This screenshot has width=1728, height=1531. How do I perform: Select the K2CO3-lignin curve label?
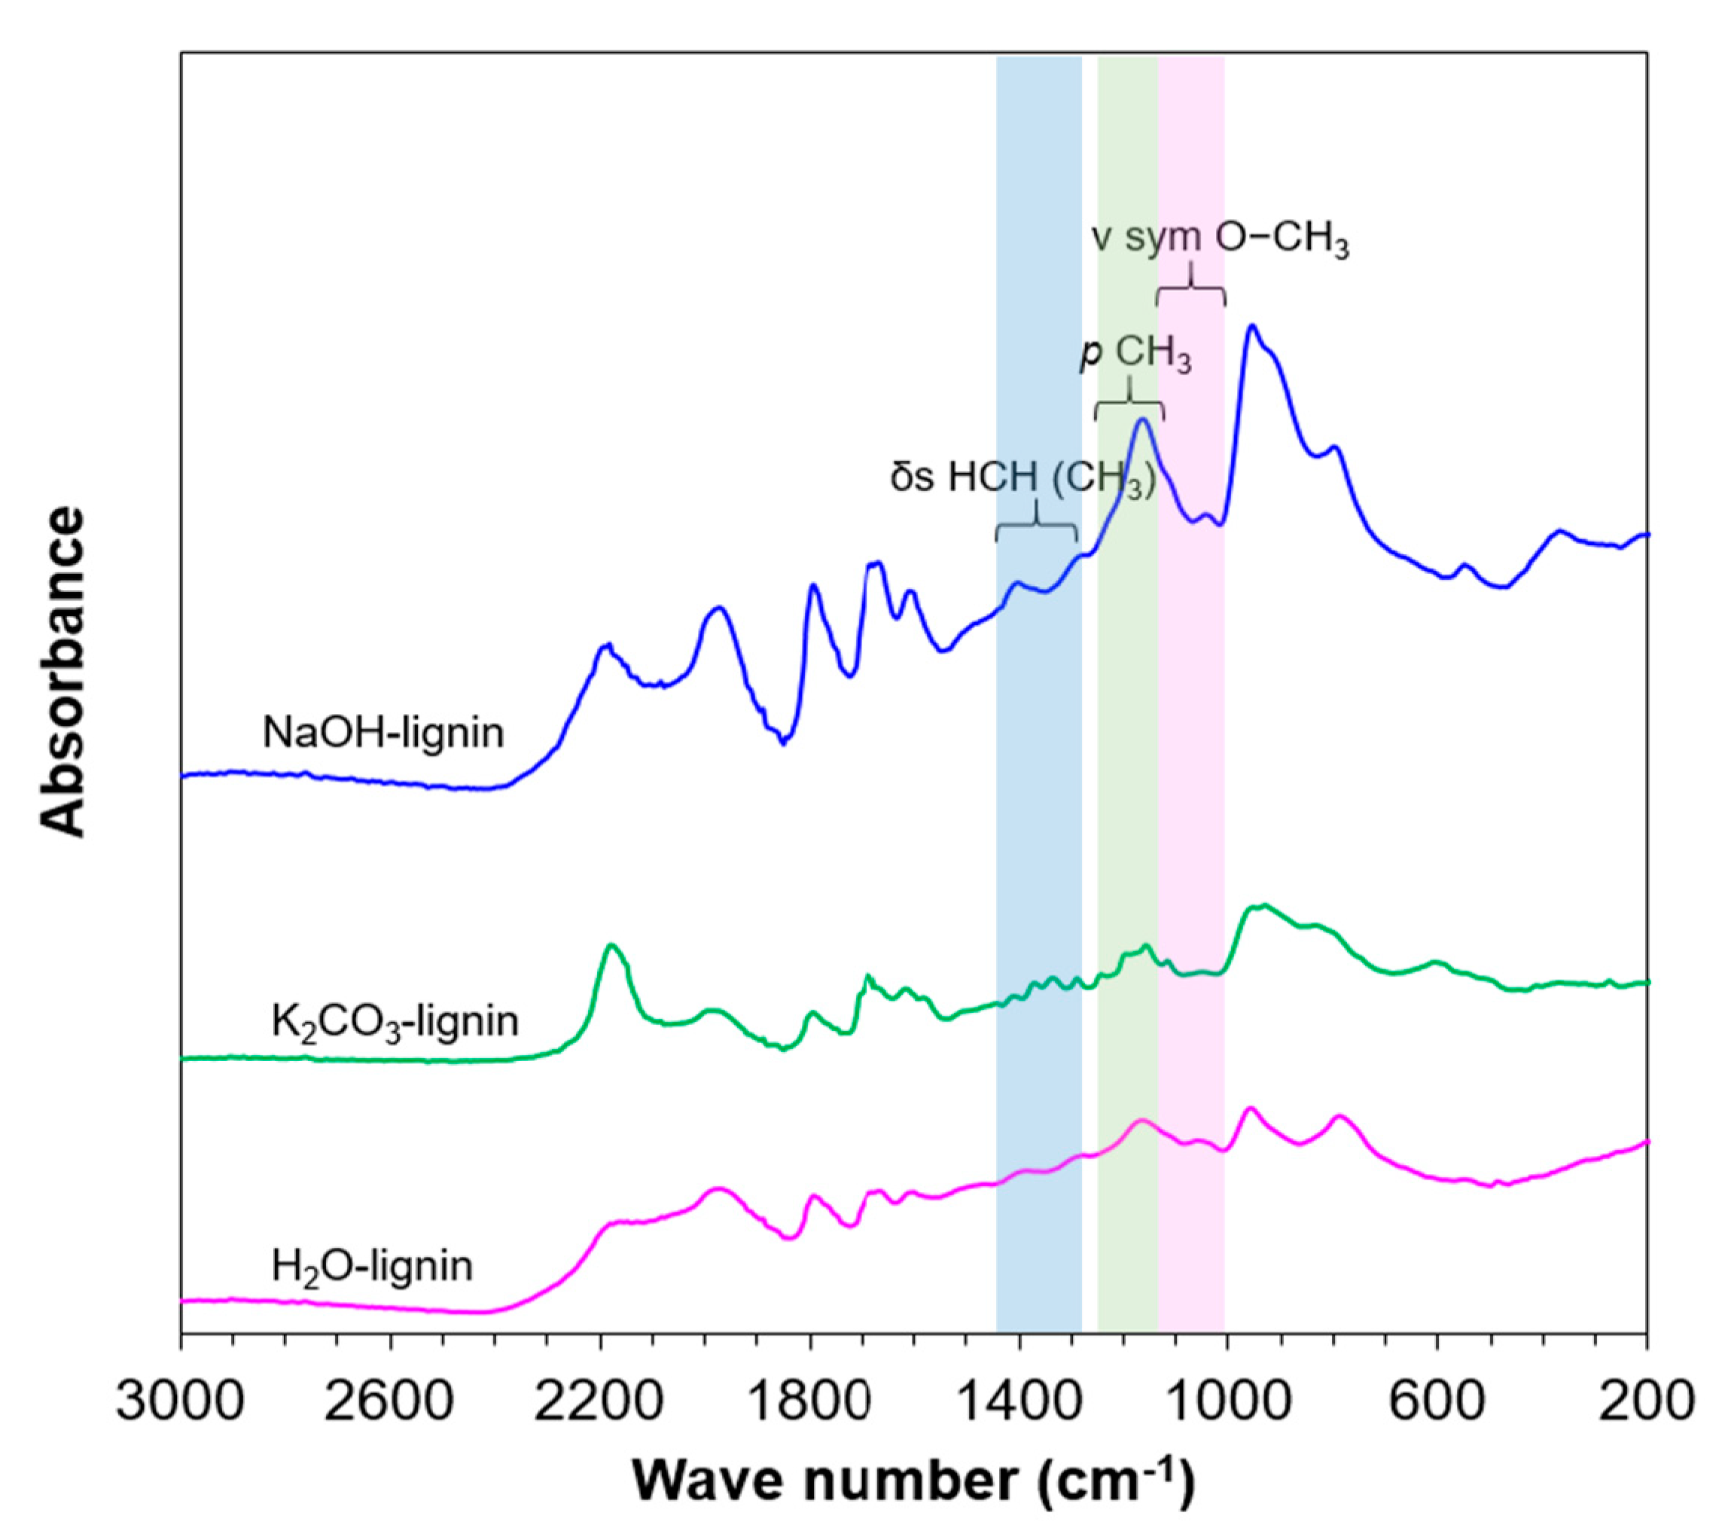pyautogui.click(x=394, y=1022)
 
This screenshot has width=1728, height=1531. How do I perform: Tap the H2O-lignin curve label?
pyautogui.click(x=372, y=1267)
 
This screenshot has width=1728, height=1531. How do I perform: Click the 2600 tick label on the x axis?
pyautogui.click(x=399, y=1401)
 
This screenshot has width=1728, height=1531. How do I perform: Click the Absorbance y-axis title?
pyautogui.click(x=64, y=672)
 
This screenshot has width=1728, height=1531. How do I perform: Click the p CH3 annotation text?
pyautogui.click(x=1136, y=354)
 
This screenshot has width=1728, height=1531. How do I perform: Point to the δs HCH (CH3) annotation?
pyautogui.click(x=1022, y=477)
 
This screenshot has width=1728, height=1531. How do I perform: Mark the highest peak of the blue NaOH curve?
pyautogui.click(x=1252, y=325)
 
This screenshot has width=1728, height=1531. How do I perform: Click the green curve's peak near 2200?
pyautogui.click(x=612, y=946)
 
